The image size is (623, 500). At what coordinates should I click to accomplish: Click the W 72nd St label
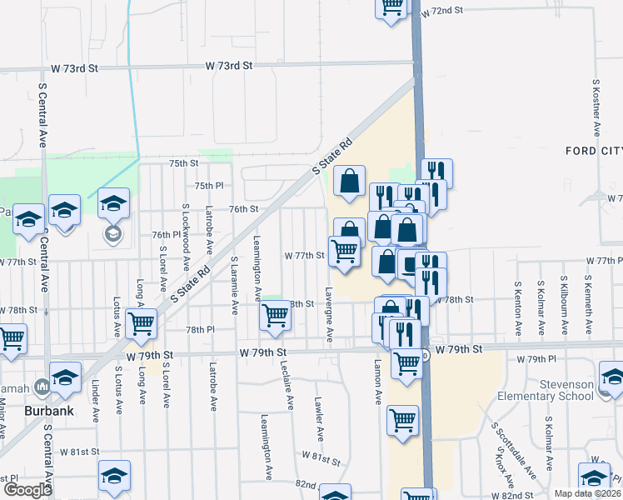(441, 12)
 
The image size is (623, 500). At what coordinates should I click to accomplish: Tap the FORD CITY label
(593, 151)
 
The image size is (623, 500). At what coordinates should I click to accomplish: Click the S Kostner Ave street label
(597, 108)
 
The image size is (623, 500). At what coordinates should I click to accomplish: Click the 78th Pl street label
(200, 330)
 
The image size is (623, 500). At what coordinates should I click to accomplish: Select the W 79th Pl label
(536, 359)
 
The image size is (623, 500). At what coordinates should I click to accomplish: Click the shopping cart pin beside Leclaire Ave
(276, 315)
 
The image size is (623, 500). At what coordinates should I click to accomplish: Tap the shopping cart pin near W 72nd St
(391, 7)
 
